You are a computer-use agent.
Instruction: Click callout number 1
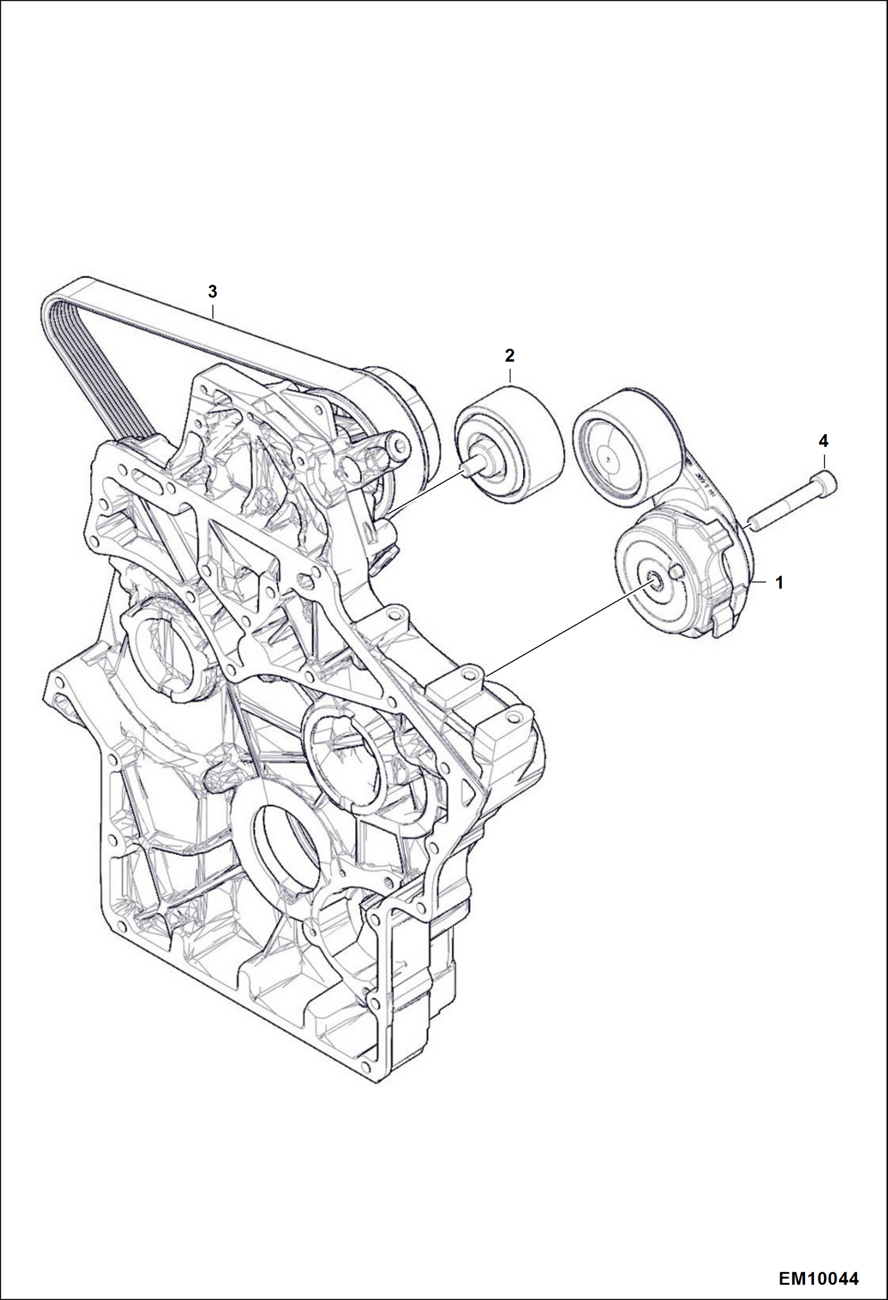click(x=780, y=583)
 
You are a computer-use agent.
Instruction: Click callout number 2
click(x=509, y=356)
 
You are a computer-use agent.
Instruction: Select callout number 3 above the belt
click(x=212, y=292)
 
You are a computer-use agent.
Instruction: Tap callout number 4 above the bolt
click(x=823, y=441)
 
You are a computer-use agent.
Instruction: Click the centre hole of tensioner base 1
click(x=654, y=583)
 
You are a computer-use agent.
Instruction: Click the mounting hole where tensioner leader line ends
click(x=471, y=673)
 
